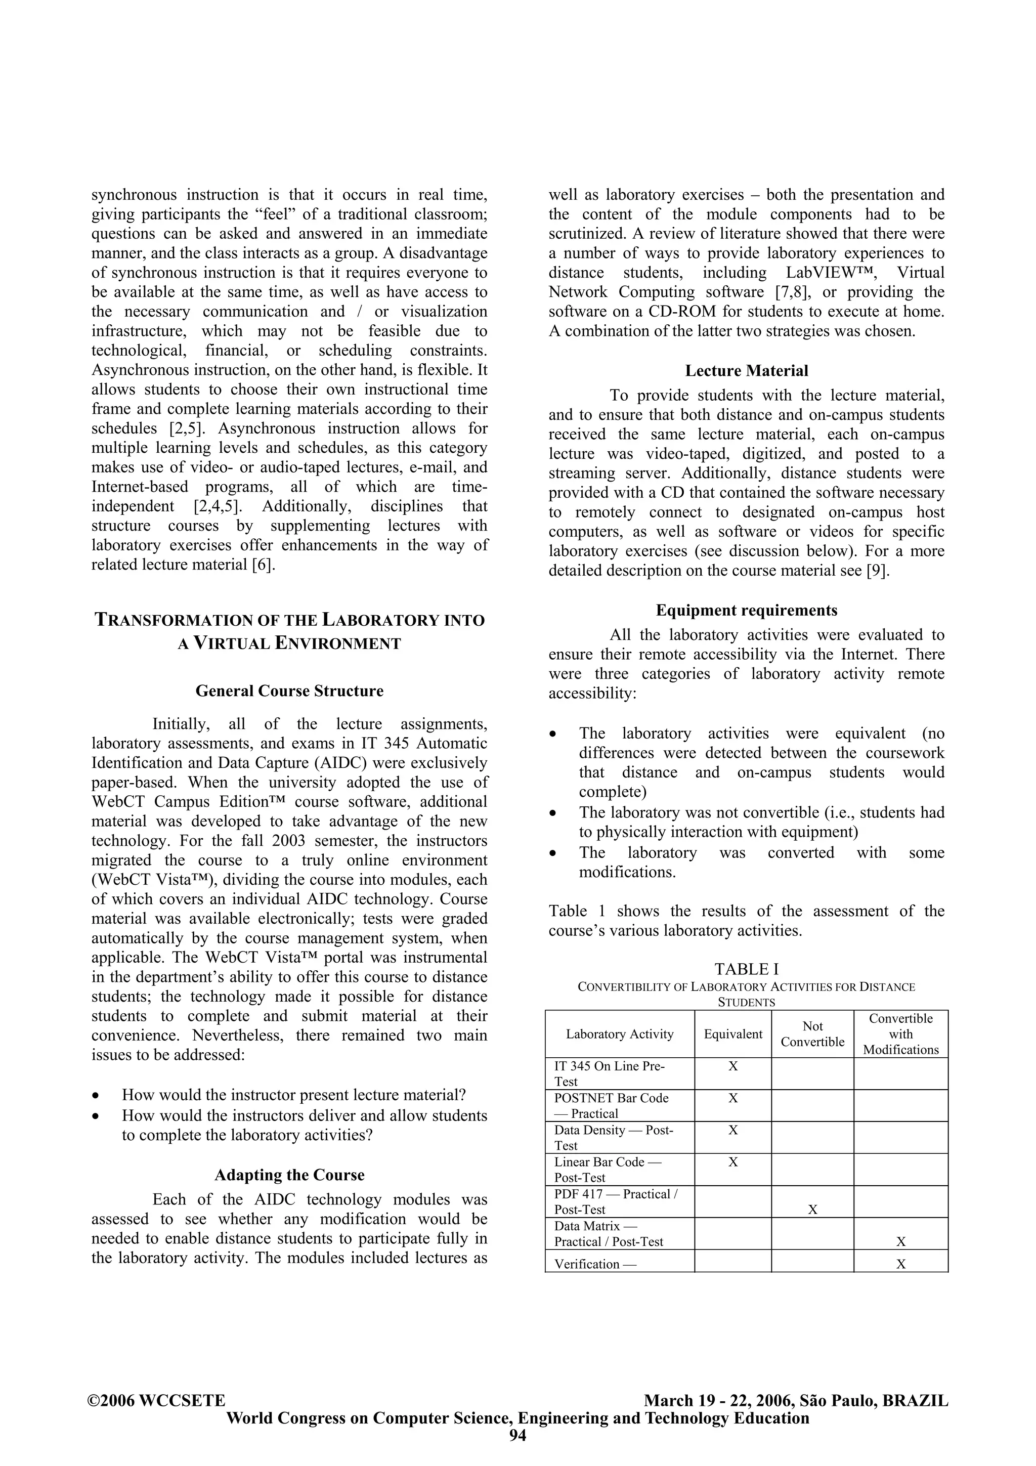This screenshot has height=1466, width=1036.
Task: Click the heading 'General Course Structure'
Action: click(x=289, y=691)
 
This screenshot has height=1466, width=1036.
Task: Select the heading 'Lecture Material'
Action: click(x=746, y=371)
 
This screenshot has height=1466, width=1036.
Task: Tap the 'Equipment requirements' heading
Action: click(x=746, y=611)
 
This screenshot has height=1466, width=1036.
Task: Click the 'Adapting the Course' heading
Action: click(x=289, y=1175)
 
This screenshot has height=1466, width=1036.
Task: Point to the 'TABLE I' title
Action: click(x=746, y=969)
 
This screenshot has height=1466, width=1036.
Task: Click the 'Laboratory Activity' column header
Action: click(x=619, y=1033)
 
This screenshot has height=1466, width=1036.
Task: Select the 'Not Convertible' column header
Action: click(x=812, y=1033)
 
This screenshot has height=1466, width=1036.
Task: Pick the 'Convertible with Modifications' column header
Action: click(x=900, y=1033)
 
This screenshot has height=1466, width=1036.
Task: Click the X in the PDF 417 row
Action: click(x=812, y=1210)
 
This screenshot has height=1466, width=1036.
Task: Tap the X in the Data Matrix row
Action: click(x=900, y=1241)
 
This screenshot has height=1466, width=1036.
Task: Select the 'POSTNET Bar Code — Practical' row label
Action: click(x=611, y=1105)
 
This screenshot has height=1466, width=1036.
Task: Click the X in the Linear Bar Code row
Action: click(x=733, y=1162)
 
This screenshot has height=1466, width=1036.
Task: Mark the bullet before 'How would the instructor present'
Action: click(x=96, y=1096)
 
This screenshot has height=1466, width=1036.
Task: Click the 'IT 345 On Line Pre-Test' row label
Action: click(x=609, y=1073)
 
